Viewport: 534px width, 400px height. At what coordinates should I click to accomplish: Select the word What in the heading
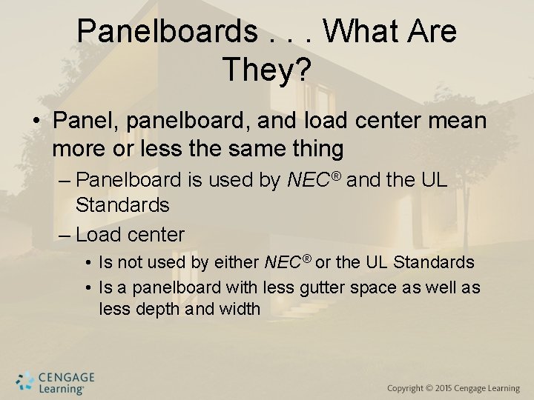tap(360, 32)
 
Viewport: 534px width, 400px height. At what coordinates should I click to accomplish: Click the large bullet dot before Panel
tap(36, 121)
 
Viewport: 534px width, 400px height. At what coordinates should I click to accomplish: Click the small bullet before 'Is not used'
tap(88, 263)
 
